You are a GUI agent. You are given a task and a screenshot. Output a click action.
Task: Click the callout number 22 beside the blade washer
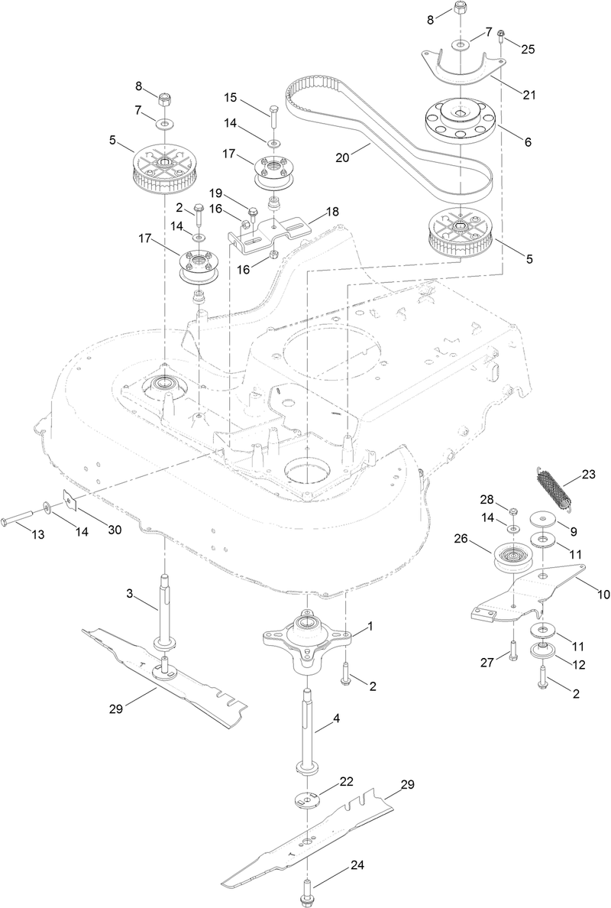(x=347, y=782)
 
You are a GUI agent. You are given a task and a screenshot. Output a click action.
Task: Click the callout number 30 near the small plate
(x=115, y=530)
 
